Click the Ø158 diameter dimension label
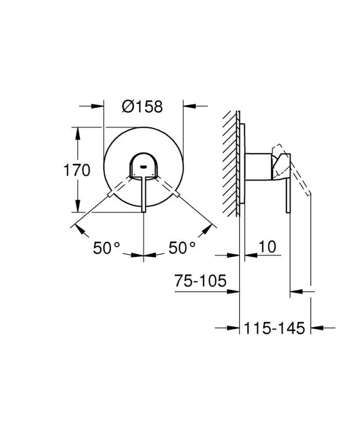click(x=142, y=106)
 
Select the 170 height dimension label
click(x=76, y=170)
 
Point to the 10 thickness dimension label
click(x=267, y=247)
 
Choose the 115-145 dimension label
click(x=275, y=327)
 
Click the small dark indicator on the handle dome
click(x=143, y=166)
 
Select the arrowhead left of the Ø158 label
click(x=97, y=106)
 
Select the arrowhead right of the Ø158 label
click(x=190, y=106)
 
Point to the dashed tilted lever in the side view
click(x=300, y=177)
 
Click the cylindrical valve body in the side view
click(x=259, y=167)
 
